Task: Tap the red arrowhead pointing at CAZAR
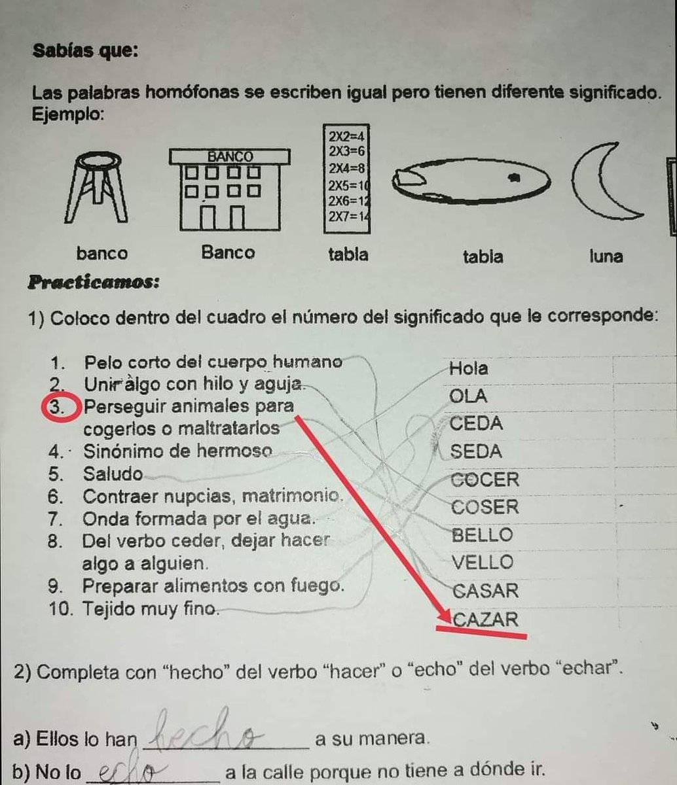pyautogui.click(x=445, y=616)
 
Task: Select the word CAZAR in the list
pyautogui.click(x=485, y=618)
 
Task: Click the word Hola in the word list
pyautogui.click(x=468, y=368)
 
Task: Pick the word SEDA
pyautogui.click(x=476, y=451)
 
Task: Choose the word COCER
pyautogui.click(x=485, y=480)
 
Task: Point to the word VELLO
pyautogui.click(x=483, y=563)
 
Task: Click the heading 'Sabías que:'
pyautogui.click(x=85, y=50)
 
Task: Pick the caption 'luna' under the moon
pyautogui.click(x=606, y=256)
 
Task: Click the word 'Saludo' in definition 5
pyautogui.click(x=113, y=473)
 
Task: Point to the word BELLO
pyautogui.click(x=483, y=535)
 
